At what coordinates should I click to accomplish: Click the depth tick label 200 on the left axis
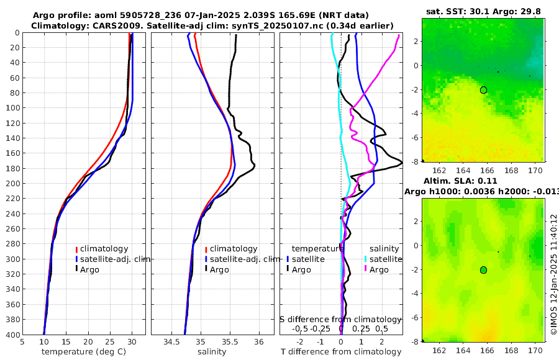(12, 183)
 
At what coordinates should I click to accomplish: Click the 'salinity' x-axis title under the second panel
(211, 352)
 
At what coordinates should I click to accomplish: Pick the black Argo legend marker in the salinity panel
(206, 269)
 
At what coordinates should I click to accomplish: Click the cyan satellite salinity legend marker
(366, 259)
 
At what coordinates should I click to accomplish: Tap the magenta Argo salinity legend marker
(366, 269)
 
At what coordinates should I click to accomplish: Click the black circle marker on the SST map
(483, 90)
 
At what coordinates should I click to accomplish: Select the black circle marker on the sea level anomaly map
(483, 270)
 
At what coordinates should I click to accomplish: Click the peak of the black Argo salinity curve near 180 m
(255, 167)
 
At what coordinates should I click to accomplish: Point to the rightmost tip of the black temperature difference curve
(401, 163)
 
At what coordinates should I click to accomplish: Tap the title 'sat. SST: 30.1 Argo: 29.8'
(483, 12)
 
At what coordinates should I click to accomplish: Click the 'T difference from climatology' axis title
(341, 352)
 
